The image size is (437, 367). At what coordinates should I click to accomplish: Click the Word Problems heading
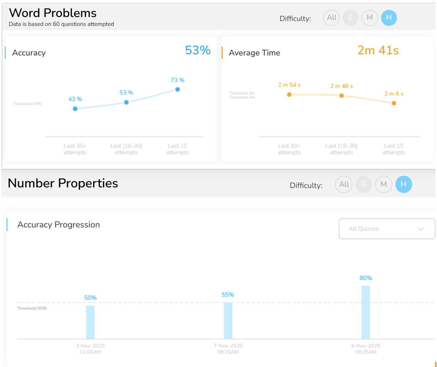53,13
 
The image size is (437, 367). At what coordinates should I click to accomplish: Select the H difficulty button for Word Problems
389,18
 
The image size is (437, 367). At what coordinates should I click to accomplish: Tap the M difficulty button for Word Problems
369,18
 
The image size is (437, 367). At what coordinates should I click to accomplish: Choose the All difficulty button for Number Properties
344,184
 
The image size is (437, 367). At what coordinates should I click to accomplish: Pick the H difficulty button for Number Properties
403,184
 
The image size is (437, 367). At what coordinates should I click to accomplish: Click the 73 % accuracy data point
178,89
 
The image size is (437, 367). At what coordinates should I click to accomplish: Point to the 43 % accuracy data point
75,109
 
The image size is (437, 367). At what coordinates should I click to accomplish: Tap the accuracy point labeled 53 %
126,102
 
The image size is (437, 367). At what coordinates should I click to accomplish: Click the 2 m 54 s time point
289,95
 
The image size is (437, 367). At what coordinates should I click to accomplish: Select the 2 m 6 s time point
394,103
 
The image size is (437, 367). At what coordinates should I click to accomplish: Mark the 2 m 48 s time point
341,95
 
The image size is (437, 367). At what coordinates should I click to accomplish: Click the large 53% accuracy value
198,50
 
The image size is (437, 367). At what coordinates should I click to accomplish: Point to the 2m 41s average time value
378,50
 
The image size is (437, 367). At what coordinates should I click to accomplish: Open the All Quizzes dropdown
387,229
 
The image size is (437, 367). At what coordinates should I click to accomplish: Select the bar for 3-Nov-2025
90,322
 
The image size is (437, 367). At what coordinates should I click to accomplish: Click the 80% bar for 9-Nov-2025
366,312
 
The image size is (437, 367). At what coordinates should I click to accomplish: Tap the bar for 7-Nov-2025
228,320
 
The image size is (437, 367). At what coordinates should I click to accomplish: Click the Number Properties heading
63,183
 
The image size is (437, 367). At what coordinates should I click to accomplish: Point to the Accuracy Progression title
59,225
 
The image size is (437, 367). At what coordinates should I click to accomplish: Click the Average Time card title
254,53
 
